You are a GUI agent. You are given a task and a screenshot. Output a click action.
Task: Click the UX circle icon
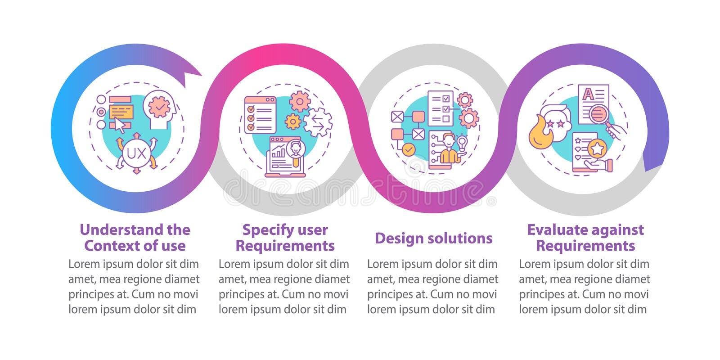(136, 154)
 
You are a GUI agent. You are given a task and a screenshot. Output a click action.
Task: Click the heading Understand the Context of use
(135, 238)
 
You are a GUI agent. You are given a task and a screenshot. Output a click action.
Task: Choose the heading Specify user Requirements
(285, 238)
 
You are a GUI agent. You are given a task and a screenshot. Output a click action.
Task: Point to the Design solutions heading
(433, 238)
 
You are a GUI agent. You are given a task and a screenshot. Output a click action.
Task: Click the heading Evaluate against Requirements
(585, 238)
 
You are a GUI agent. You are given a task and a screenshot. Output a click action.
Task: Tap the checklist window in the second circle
(260, 115)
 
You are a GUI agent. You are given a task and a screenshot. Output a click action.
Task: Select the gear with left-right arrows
(318, 122)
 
